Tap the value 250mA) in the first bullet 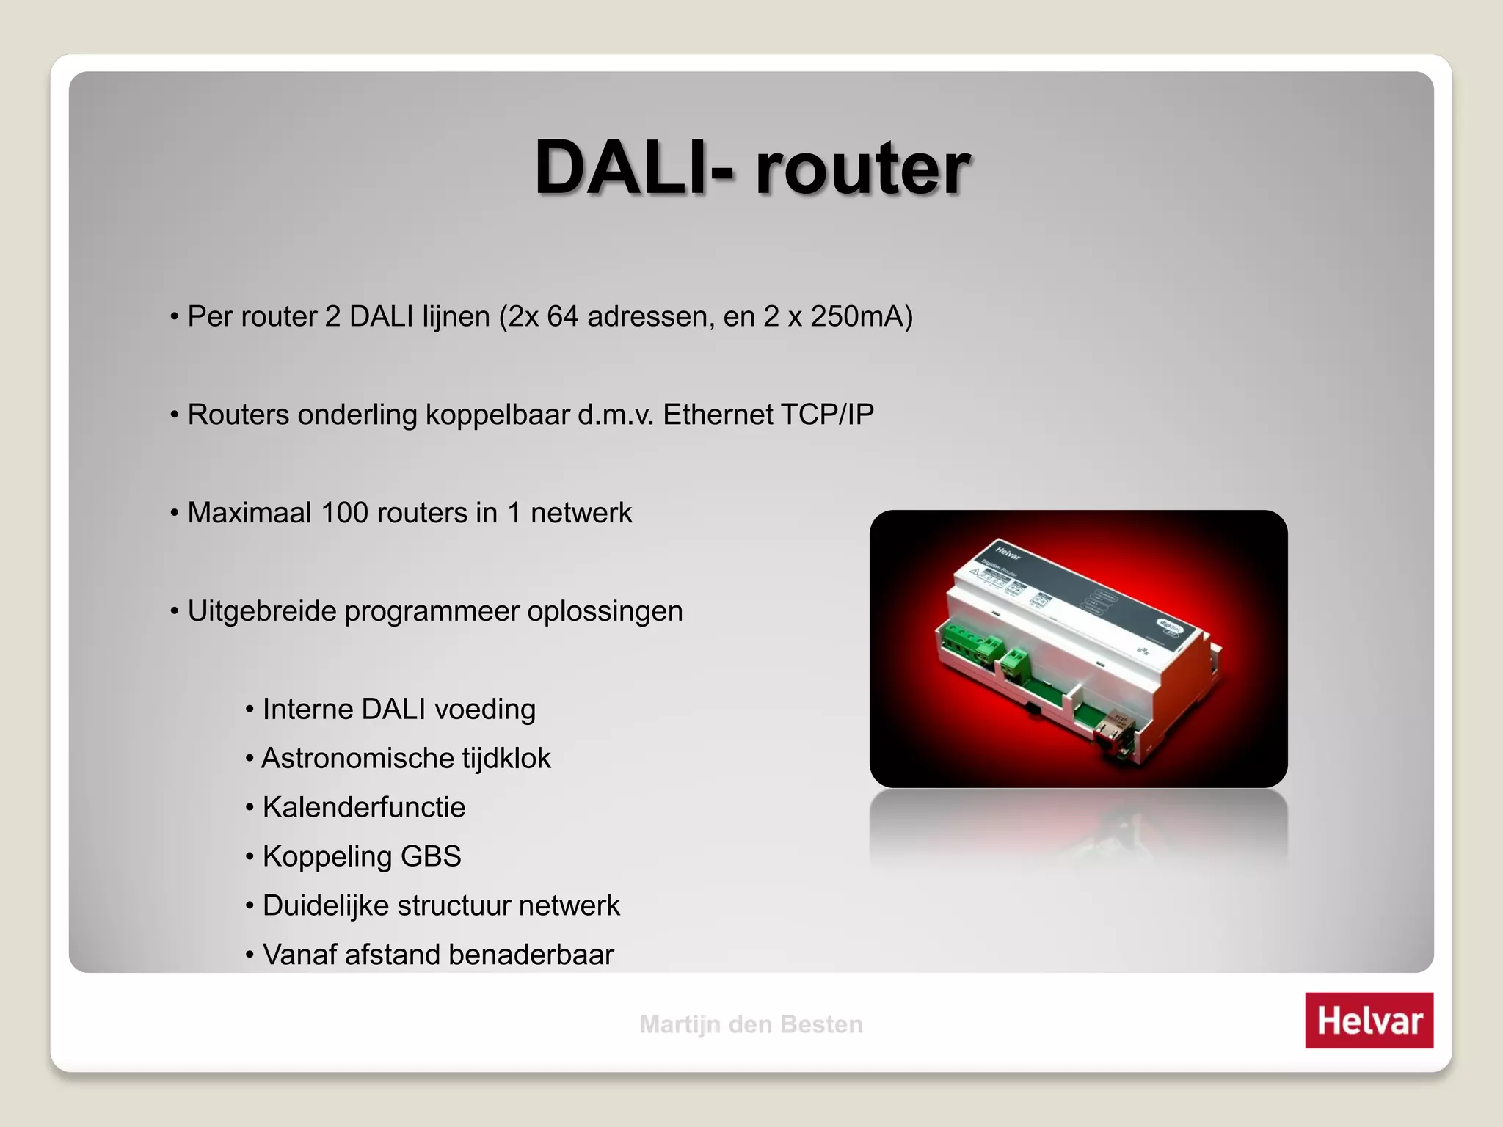[x=862, y=316]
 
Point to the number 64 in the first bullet [x=563, y=316]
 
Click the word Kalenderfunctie [x=364, y=807]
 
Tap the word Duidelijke [x=326, y=905]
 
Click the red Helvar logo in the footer [x=1369, y=1020]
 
